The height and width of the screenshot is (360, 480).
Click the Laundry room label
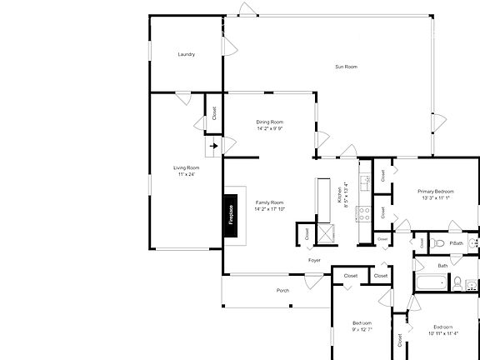coord(186,55)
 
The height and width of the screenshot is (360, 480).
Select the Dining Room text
coord(270,122)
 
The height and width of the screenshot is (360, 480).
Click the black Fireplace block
coord(231,215)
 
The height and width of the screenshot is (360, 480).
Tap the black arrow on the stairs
coord(214,146)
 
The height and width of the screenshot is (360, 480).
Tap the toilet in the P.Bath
coord(437,242)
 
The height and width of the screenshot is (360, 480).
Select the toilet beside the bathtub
coord(457,283)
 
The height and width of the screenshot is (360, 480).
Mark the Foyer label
coord(314,261)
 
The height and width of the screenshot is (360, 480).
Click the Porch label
coord(282,290)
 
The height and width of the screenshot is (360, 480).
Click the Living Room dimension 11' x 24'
coord(186,175)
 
